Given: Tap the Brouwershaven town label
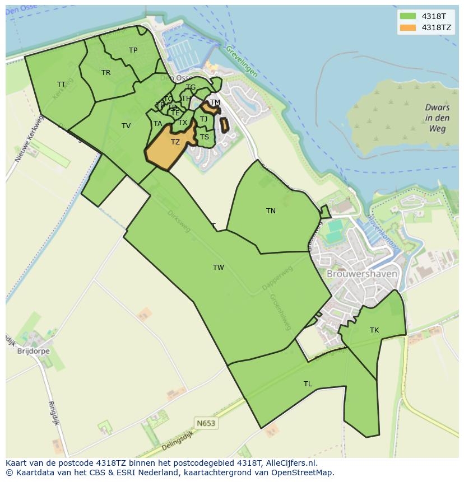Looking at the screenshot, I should pos(362,274).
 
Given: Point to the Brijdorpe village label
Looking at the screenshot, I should pos(34,351).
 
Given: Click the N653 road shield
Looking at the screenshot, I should pos(206,423).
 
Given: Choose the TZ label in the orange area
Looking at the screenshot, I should pos(175,142).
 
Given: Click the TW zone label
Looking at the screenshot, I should pos(219,268).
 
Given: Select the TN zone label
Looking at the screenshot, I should pos(271,211).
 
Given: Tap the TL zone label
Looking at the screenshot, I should pos(308,384).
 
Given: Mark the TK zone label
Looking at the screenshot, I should pos(374,330).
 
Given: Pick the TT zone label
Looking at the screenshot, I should pos(62,85).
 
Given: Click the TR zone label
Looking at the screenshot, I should pos(106,73).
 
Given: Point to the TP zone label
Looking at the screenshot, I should pos(133,50).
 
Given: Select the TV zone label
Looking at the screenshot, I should pos(126,126).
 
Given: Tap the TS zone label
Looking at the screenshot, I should pos(205,137).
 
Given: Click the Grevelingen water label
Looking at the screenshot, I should pos(242,61).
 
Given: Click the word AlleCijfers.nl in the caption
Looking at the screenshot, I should pos(286,464).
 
